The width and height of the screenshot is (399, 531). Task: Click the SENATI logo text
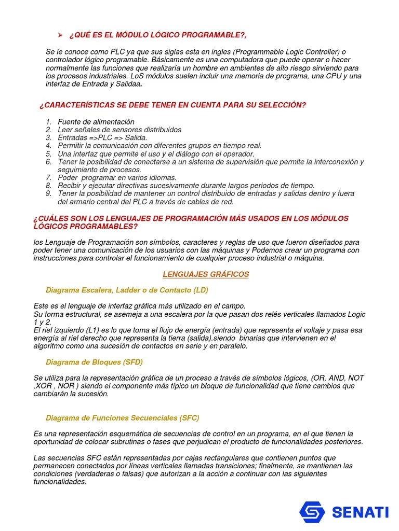coord(360,512)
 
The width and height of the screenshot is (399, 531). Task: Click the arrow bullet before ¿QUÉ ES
coord(60,35)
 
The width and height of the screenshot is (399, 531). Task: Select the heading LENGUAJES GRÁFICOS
coord(206,274)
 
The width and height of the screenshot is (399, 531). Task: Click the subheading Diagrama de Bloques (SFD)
coord(94,362)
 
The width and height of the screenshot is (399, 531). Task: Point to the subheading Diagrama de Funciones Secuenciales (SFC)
coord(123,418)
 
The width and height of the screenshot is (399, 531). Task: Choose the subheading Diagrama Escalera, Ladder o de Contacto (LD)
coord(127,290)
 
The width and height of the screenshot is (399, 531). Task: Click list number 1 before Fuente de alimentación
coord(48,122)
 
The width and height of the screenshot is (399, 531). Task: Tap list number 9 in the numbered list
coord(48,193)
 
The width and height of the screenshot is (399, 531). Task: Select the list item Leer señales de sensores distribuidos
coord(119,130)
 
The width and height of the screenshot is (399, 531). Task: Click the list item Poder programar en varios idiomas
coord(117,177)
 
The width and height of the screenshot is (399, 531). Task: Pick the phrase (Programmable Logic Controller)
coord(286,52)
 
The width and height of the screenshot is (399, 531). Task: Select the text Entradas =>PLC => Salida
coord(102,138)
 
